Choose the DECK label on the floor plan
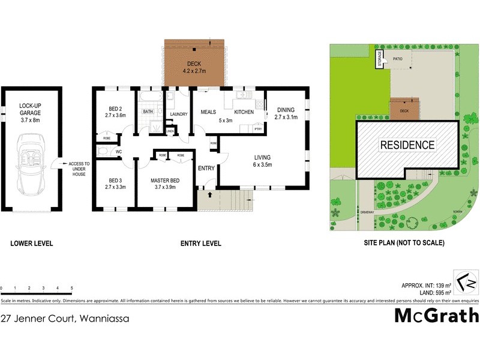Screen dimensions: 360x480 [194, 64]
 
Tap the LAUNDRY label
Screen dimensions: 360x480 [179, 115]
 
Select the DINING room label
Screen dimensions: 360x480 [286, 110]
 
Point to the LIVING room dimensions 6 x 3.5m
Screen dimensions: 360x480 [262, 164]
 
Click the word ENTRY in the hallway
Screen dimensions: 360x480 [206, 168]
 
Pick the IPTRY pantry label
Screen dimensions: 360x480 [259, 129]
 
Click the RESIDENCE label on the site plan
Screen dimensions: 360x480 [406, 145]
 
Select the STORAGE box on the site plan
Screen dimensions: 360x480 [379, 59]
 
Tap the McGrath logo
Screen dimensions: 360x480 [436, 315]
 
